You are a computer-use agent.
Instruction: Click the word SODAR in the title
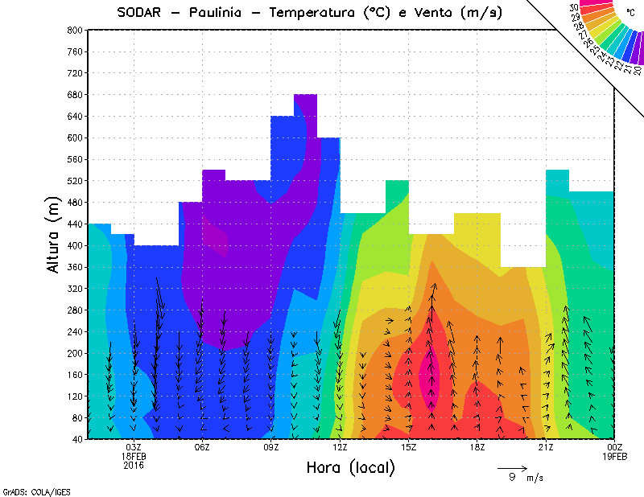point(138,13)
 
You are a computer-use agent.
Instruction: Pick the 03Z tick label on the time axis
point(134,447)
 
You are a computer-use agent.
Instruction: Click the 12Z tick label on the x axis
point(340,447)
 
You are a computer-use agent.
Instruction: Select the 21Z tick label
point(546,447)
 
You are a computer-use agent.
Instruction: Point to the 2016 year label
point(134,465)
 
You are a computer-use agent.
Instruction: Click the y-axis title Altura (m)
point(54,233)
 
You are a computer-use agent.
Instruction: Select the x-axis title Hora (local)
point(350,467)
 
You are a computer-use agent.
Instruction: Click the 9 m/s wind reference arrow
point(512,467)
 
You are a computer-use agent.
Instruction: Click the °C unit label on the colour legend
point(631,12)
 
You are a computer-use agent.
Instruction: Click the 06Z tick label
point(202,447)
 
